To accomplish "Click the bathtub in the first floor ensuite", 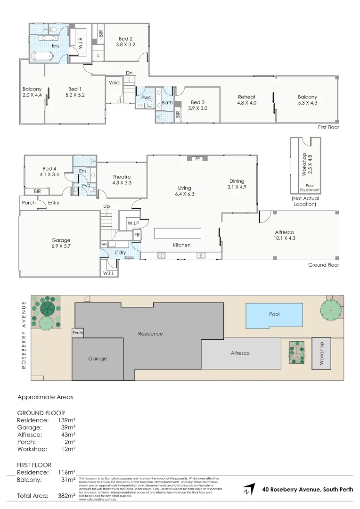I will (x=42, y=56).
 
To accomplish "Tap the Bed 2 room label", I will (x=125, y=41).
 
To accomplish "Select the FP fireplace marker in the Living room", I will (x=198, y=159).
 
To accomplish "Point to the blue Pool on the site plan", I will (x=274, y=315).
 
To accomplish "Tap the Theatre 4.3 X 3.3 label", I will (x=121, y=180).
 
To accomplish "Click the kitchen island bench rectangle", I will (x=178, y=234).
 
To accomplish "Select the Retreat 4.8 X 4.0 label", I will (x=246, y=100).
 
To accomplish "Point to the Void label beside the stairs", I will (x=114, y=82).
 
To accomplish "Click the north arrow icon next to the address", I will (x=249, y=489).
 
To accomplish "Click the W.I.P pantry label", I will (x=132, y=223).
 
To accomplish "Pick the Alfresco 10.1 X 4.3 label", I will (x=285, y=235).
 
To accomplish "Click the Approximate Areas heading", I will (x=45, y=397).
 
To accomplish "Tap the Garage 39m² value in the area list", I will (x=68, y=427).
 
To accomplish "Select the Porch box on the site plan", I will (x=77, y=333).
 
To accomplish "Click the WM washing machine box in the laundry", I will (x=104, y=245).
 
